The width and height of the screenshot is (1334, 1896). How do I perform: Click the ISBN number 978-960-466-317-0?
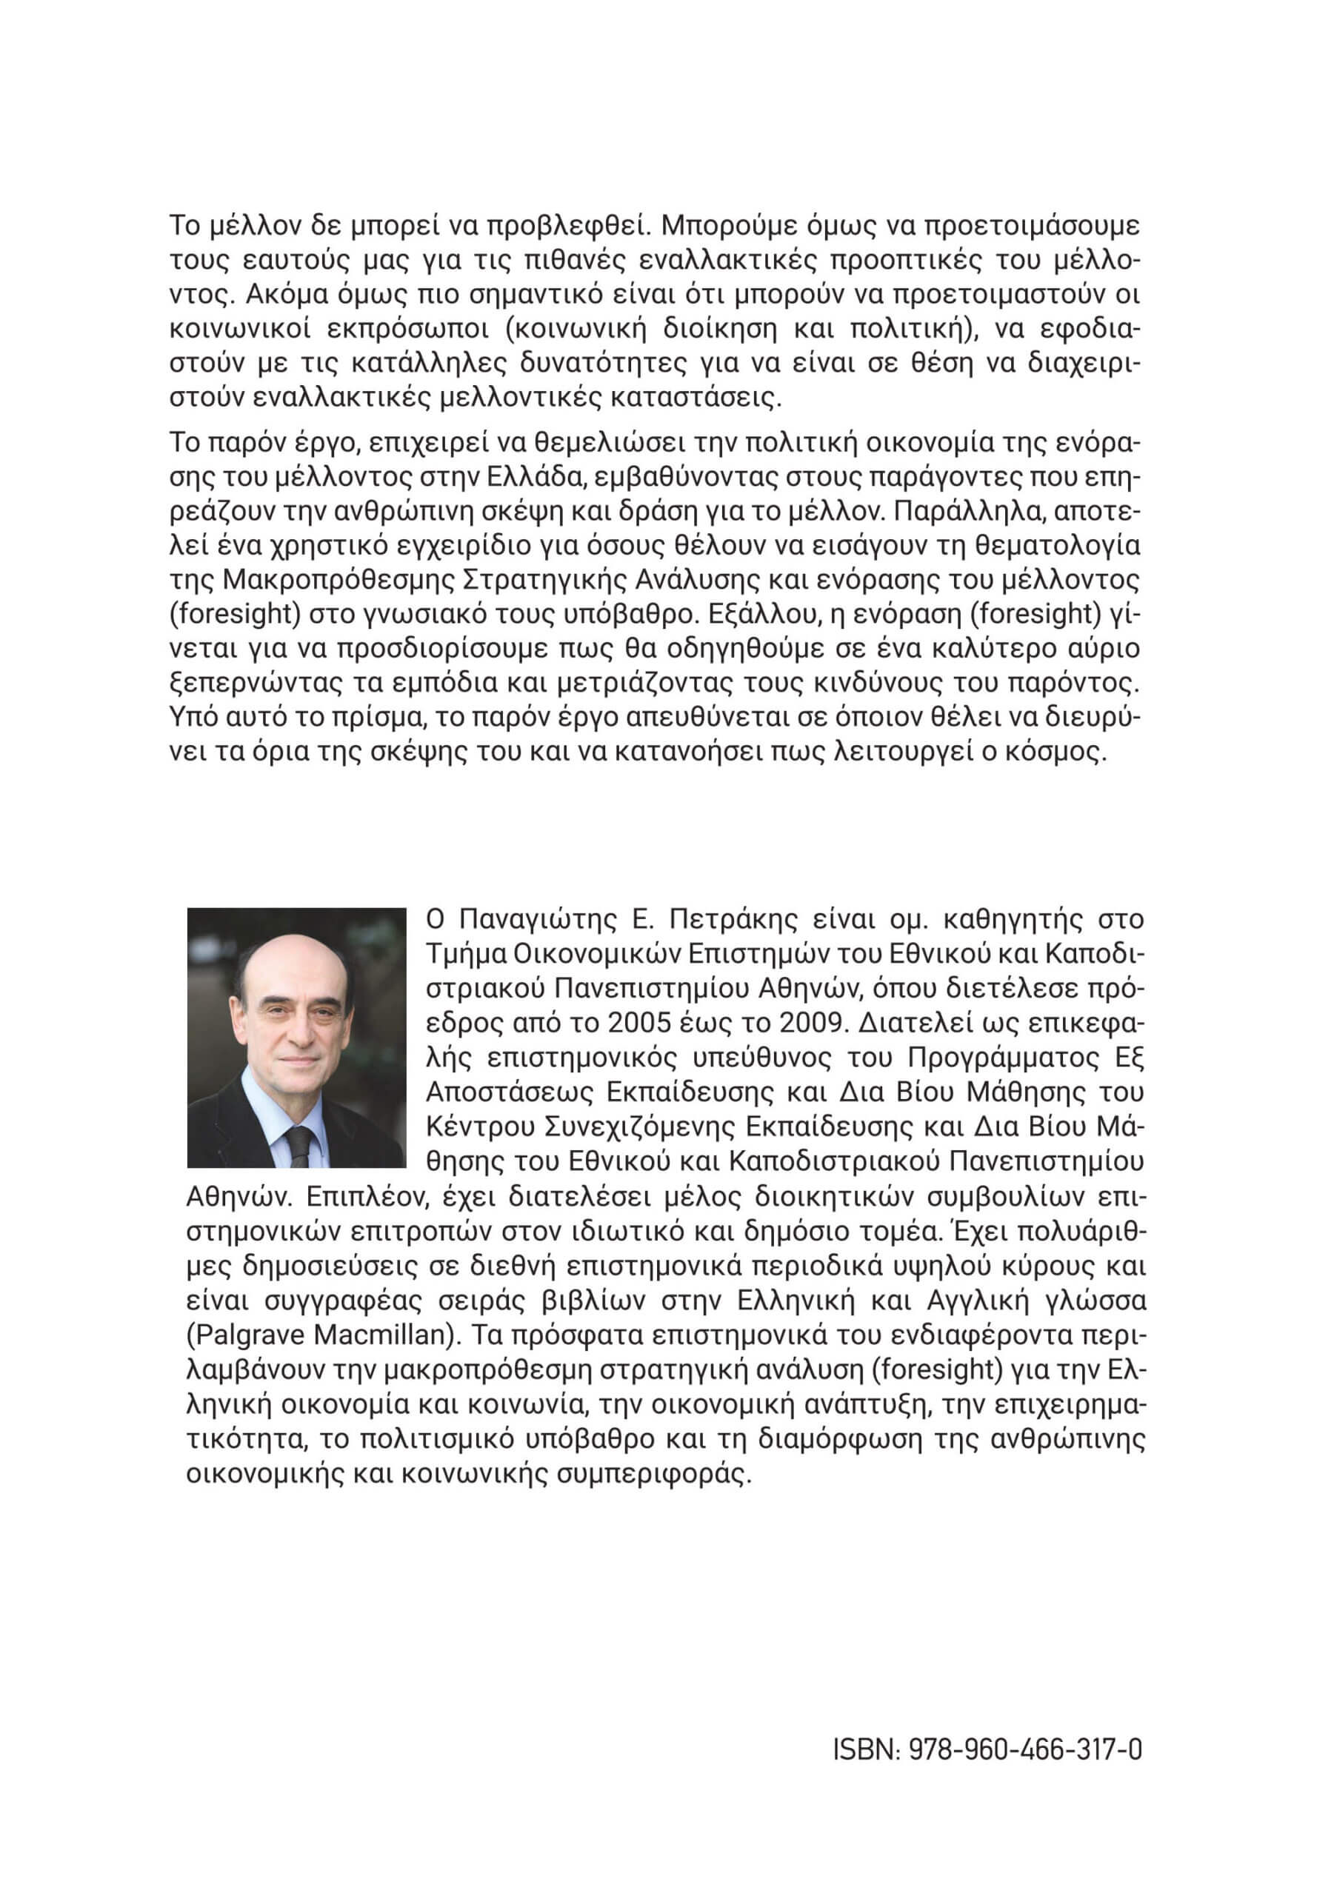coord(1025,1749)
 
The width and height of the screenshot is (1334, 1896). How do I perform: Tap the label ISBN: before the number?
coord(867,1749)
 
